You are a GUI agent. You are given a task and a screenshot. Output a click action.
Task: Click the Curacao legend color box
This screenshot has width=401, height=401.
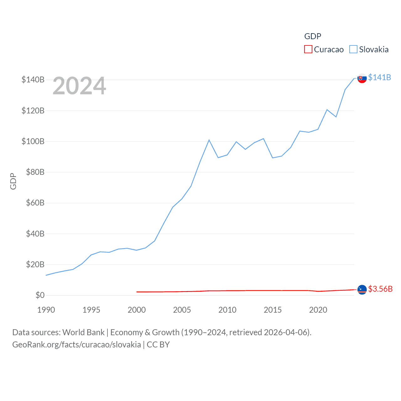[308, 49]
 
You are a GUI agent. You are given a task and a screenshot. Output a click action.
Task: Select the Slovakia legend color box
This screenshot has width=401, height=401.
[353, 49]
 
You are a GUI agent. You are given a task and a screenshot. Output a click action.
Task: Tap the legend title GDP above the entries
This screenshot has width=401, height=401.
[313, 36]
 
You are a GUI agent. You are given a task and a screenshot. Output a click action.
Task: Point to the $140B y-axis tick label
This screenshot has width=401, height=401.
[33, 80]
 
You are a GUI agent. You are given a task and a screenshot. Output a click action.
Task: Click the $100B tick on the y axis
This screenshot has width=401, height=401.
[33, 141]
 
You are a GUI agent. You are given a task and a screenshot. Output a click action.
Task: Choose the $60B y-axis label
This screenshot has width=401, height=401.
[35, 203]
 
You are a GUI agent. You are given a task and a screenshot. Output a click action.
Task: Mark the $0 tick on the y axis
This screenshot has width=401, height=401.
[40, 295]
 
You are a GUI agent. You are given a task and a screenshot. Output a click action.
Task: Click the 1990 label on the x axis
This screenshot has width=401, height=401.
[46, 310]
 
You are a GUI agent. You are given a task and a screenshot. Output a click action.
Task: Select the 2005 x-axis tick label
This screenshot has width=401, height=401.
[182, 310]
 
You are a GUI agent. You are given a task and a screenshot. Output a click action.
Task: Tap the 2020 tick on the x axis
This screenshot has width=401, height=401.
[318, 310]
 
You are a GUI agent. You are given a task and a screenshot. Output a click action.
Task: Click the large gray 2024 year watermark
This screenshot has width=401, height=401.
[79, 86]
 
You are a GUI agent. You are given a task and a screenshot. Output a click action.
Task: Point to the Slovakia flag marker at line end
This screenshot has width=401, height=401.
[362, 78]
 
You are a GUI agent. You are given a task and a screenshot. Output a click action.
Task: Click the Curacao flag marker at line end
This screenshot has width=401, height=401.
[362, 290]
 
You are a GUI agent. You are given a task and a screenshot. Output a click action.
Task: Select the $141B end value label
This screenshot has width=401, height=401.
[379, 77]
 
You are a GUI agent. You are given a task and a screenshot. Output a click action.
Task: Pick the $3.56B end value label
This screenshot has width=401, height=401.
[380, 289]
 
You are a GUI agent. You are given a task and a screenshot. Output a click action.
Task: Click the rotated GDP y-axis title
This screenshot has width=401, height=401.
[13, 181]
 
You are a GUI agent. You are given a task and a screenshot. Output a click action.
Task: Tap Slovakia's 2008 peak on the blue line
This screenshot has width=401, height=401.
[209, 140]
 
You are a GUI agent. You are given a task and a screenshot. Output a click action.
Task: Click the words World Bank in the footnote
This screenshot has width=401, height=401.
[83, 332]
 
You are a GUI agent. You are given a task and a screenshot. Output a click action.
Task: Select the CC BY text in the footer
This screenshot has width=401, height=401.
[158, 345]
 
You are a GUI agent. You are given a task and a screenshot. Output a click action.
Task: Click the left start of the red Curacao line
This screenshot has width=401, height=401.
[137, 292]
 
